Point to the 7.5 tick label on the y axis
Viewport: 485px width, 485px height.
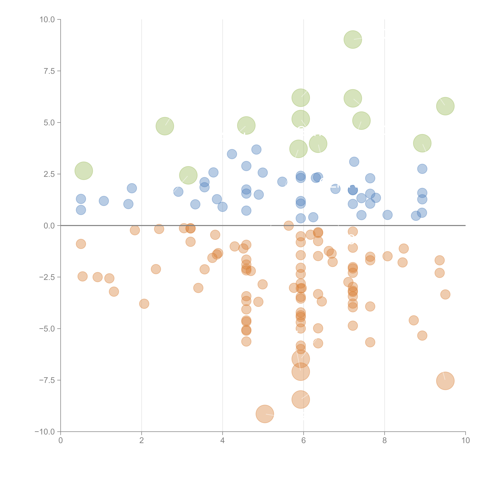click(x=49, y=71)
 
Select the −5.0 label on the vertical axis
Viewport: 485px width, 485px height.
click(x=47, y=329)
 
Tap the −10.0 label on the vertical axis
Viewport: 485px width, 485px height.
click(x=45, y=432)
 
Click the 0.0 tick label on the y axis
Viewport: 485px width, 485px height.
click(x=49, y=226)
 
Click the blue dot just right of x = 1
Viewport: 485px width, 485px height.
click(x=104, y=201)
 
